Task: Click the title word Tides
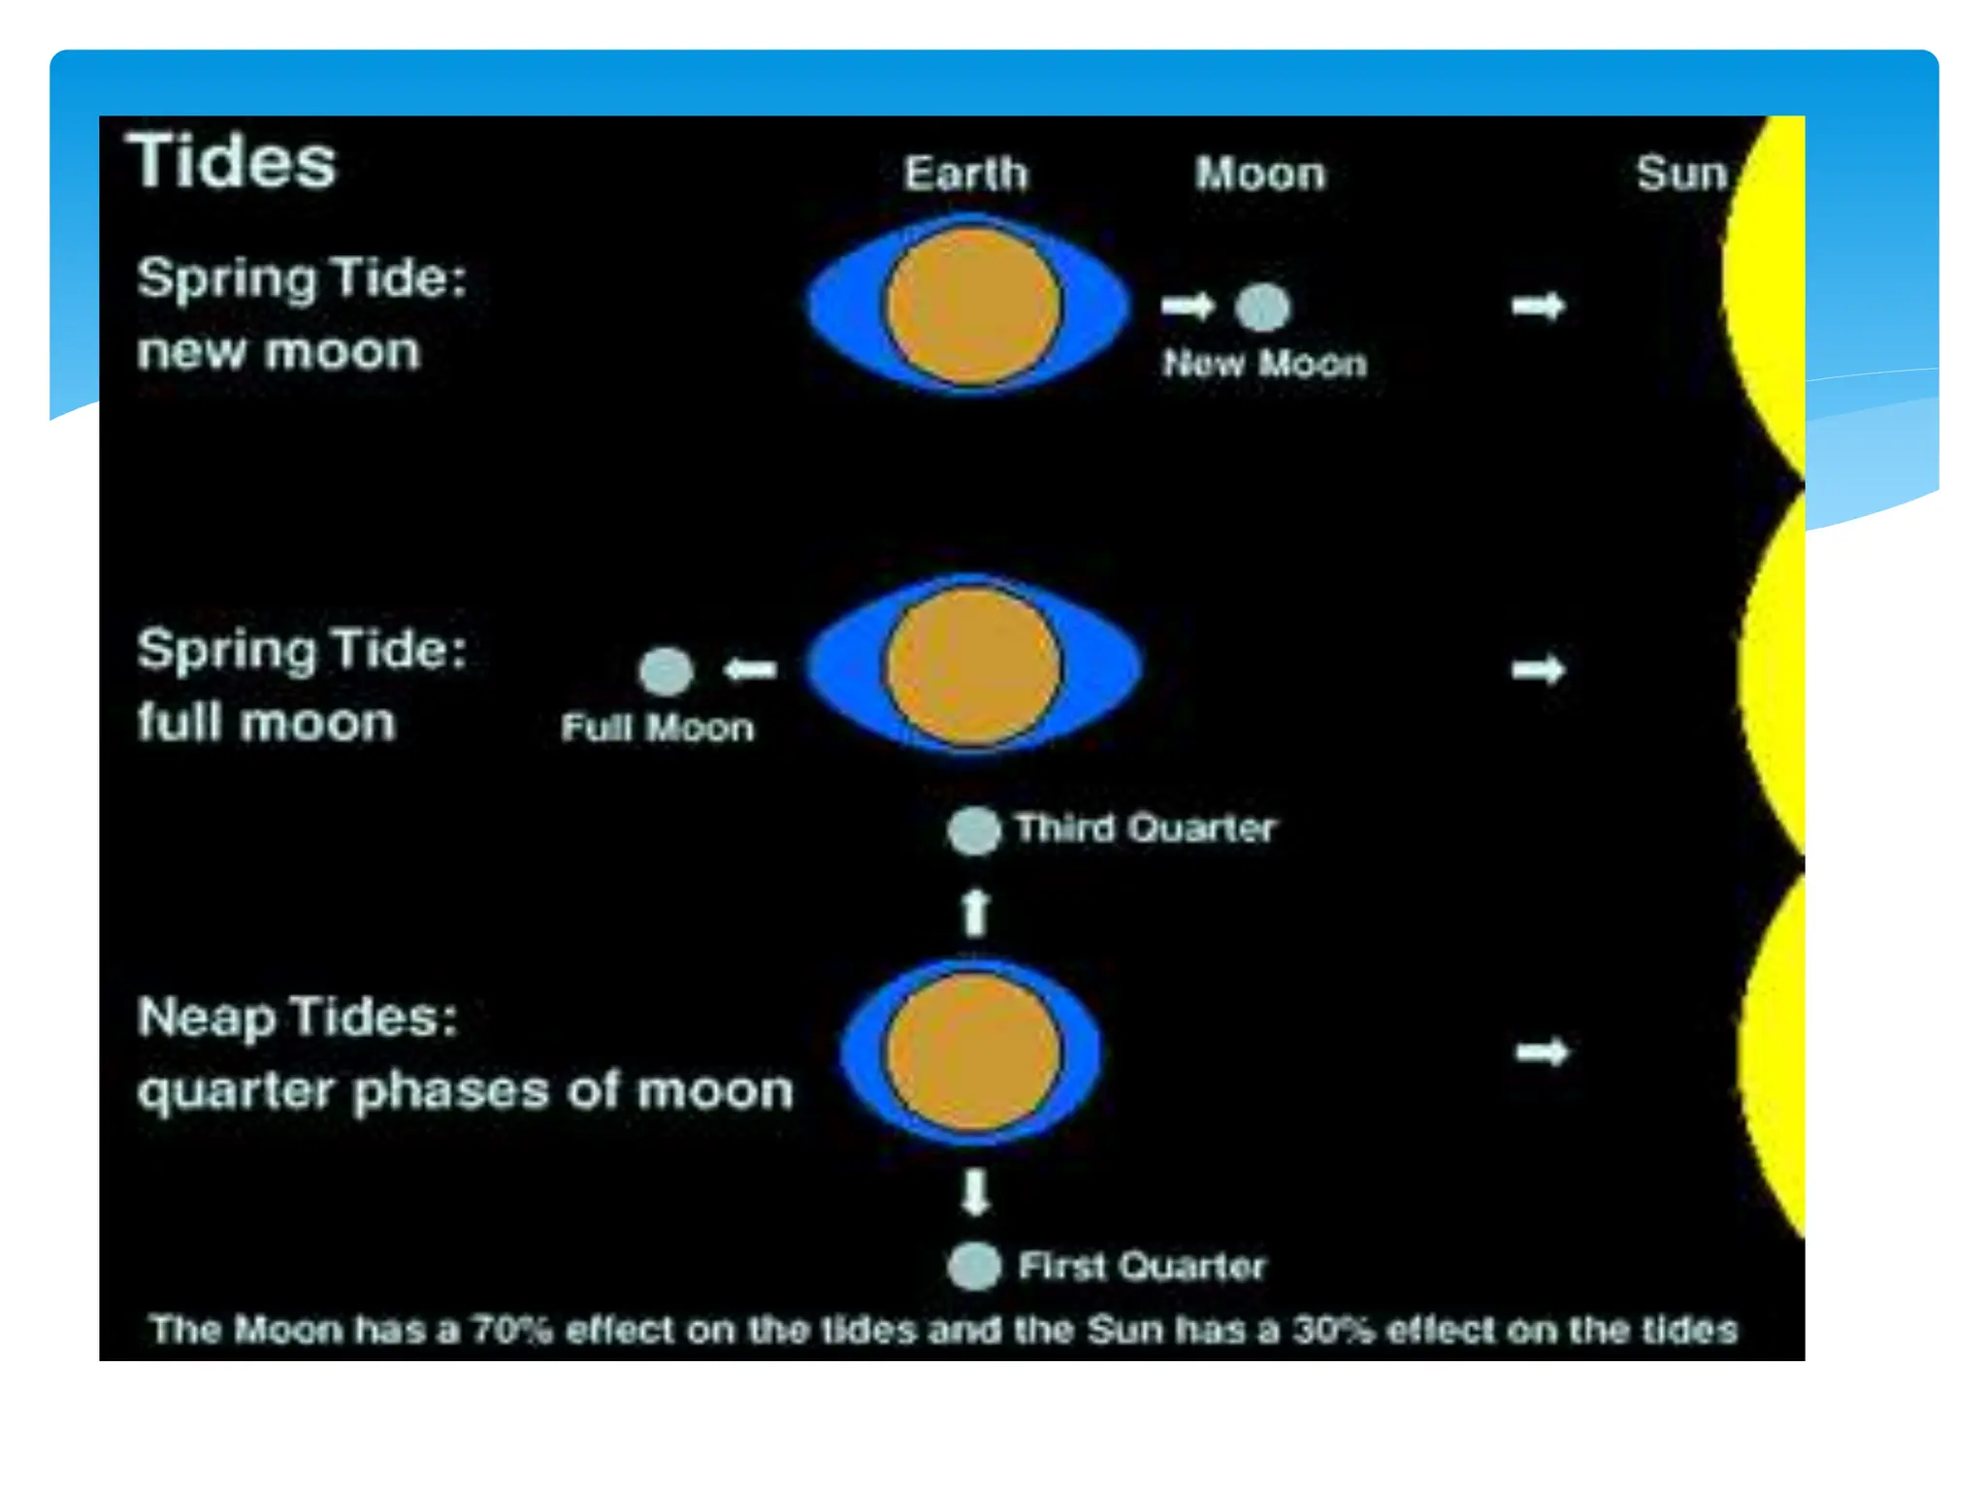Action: [232, 161]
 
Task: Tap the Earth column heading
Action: [965, 174]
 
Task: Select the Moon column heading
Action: [1260, 174]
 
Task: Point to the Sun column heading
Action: [1681, 174]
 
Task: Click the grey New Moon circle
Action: [1262, 307]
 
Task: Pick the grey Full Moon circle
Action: [667, 670]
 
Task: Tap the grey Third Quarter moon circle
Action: [973, 831]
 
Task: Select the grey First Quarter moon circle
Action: [973, 1266]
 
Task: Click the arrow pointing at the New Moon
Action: [1188, 306]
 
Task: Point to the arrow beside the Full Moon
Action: [751, 669]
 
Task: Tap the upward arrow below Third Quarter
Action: [975, 912]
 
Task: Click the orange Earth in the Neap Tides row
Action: [973, 1053]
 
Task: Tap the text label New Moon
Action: [1265, 364]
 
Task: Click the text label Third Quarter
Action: [1145, 828]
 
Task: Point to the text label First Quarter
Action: [1142, 1266]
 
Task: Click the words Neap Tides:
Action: [297, 1018]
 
